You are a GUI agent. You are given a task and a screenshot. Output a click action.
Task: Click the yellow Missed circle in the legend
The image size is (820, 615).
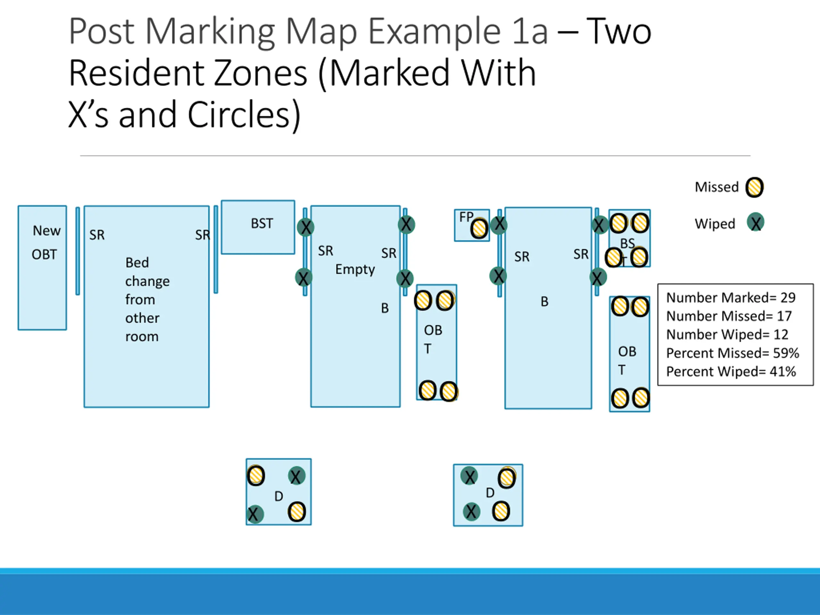754,187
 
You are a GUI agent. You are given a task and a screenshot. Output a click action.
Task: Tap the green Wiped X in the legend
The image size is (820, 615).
755,223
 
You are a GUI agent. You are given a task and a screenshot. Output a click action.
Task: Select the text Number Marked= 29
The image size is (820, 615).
731,297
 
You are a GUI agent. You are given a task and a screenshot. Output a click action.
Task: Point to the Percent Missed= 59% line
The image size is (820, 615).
732,353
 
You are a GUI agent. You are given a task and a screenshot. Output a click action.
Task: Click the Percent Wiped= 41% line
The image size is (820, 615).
731,372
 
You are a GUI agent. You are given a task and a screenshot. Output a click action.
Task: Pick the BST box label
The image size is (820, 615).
262,224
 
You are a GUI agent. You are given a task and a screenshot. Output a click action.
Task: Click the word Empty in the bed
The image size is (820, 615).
355,269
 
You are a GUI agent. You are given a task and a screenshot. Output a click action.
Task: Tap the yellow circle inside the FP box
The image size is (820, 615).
479,229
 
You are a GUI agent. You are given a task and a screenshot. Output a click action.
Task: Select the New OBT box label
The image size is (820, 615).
45,242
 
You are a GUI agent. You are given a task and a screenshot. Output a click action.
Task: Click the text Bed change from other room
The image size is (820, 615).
147,299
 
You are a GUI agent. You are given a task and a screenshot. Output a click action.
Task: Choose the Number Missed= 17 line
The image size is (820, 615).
728,316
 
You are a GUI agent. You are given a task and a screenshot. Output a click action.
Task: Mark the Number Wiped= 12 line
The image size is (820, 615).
727,334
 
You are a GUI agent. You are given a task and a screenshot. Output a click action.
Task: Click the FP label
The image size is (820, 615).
466,217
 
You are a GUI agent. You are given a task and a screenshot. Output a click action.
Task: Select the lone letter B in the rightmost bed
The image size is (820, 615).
544,302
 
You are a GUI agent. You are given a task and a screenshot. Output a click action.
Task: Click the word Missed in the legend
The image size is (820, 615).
717,187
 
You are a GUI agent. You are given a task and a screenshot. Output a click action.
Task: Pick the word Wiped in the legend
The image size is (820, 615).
715,224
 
